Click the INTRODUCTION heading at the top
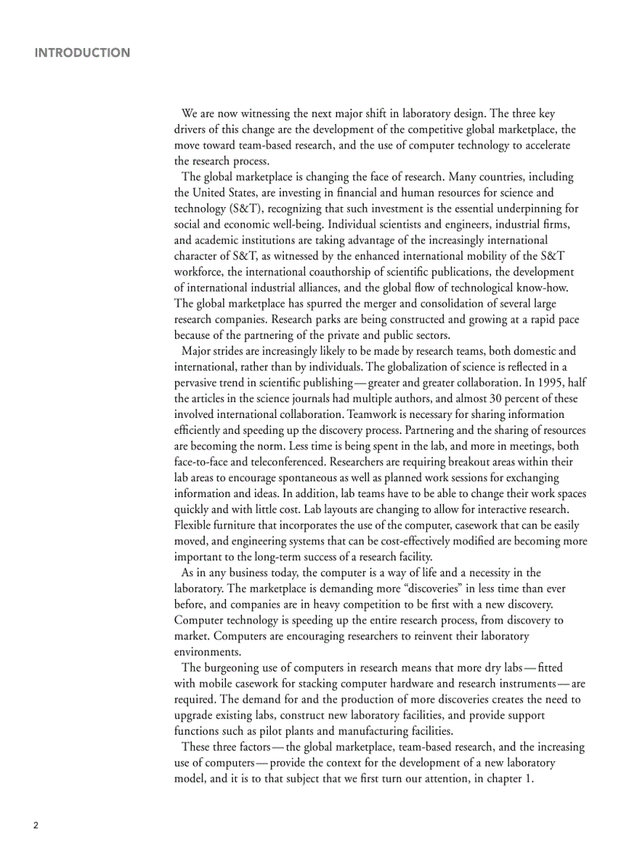[82, 53]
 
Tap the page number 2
[35, 825]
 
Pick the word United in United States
[209, 193]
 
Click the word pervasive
[199, 382]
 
